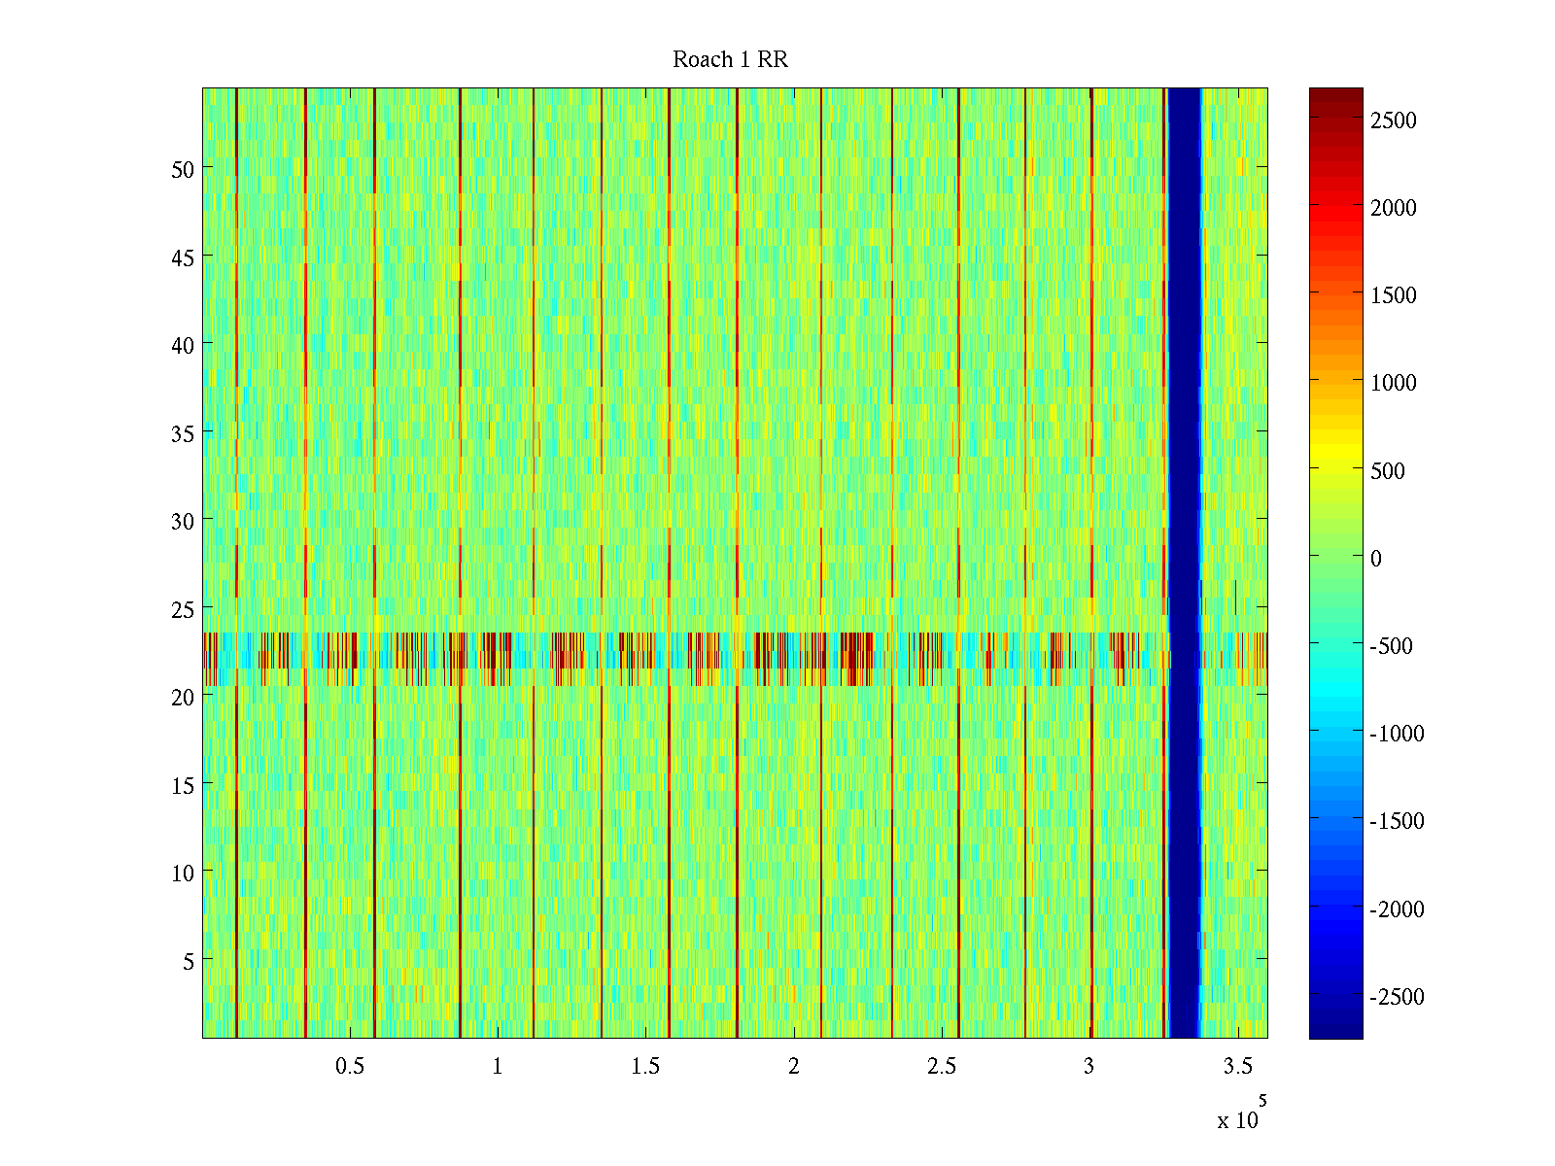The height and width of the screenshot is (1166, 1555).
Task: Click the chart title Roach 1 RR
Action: (x=730, y=60)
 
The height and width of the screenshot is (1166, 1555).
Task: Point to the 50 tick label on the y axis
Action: (x=182, y=169)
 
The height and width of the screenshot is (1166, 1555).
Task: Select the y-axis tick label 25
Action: (x=182, y=609)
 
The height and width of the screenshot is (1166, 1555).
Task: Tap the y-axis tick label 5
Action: (x=188, y=961)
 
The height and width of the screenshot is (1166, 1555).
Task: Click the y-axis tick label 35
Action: (x=182, y=433)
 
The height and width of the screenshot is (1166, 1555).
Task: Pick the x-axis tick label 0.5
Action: (x=350, y=1066)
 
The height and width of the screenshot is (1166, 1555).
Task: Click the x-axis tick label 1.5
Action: (x=645, y=1066)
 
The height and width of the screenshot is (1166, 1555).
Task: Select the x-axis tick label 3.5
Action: (x=1237, y=1066)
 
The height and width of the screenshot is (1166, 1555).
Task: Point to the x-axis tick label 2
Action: (x=794, y=1066)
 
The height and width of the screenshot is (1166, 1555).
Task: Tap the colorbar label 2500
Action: (x=1393, y=120)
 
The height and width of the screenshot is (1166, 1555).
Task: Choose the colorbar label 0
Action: (x=1375, y=559)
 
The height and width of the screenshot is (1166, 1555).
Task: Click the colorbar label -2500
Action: (x=1397, y=997)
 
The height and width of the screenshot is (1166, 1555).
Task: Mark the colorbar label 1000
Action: (x=1393, y=383)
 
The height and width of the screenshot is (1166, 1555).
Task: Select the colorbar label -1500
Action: (x=1397, y=821)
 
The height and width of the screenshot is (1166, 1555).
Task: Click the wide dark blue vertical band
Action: (x=1184, y=564)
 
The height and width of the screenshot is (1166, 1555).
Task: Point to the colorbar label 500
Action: (x=1388, y=471)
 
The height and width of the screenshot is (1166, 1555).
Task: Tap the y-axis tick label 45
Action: (x=182, y=257)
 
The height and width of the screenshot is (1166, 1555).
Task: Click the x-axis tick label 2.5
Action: (x=942, y=1066)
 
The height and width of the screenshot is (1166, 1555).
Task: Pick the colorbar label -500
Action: (x=1392, y=646)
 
